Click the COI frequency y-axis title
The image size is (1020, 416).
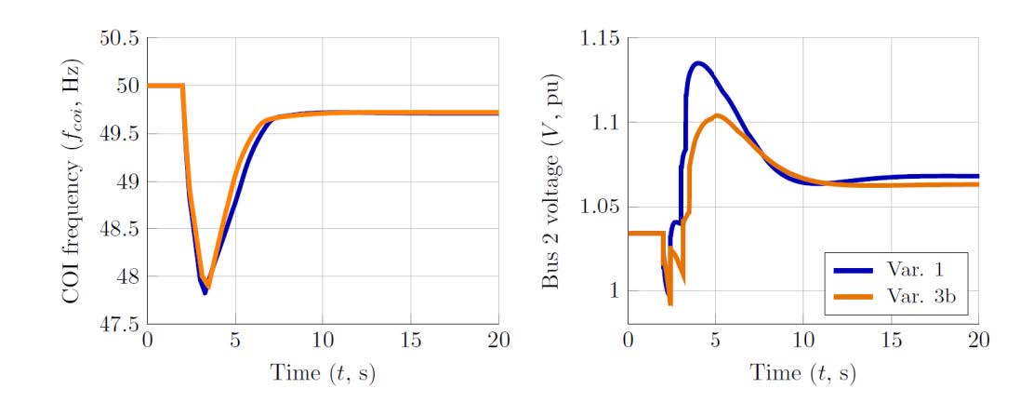[72, 181]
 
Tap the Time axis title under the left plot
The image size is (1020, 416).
[323, 374]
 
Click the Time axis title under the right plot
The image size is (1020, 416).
[803, 374]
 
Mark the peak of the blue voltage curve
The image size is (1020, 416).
[697, 62]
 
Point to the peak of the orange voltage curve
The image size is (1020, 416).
[717, 115]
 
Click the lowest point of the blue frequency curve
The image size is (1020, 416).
[205, 293]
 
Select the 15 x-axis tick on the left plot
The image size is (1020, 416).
[411, 342]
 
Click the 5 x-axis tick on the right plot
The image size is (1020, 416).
[716, 342]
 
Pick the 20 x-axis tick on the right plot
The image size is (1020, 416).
[978, 342]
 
